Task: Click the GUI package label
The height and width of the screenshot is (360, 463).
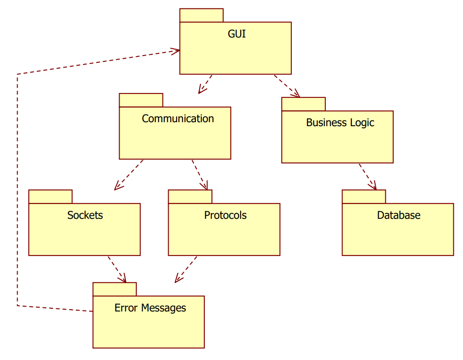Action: pos(237,34)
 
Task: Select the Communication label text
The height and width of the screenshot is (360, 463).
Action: pos(178,119)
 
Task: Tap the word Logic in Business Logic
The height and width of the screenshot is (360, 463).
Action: pos(362,123)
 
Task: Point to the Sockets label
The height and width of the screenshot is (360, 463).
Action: pos(85,215)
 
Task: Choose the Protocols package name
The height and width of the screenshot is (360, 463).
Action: pos(225,215)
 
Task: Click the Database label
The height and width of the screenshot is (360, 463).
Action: pos(399,215)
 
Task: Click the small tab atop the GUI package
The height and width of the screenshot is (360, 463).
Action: pos(201,15)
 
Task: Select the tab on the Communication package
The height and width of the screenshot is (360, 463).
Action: pos(141,100)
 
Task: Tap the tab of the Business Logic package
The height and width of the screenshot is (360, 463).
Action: pos(303,104)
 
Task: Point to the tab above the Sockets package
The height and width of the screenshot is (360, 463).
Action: pos(50,197)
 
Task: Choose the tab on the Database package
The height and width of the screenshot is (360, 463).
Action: pos(364,197)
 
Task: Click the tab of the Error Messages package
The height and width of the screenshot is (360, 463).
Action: pos(114,289)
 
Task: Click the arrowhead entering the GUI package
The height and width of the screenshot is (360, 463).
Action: pos(176,51)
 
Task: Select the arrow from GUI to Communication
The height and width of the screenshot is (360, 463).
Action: pos(205,84)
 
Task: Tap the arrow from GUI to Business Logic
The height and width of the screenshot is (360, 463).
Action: pos(287,86)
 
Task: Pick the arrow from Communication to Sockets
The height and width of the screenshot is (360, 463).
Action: pos(128,175)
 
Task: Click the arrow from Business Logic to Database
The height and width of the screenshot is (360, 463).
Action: pos(367,177)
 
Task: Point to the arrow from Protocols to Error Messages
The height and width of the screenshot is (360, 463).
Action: pos(186,269)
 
